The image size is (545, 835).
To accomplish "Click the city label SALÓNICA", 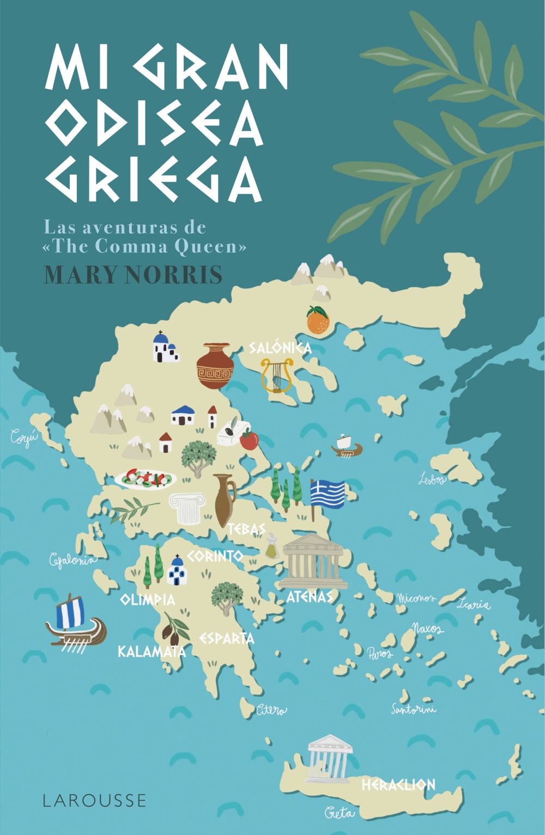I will [280, 348].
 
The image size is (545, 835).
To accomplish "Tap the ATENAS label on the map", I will [309, 596].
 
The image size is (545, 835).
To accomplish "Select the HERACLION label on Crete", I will [398, 784].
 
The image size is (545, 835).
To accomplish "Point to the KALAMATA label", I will [152, 651].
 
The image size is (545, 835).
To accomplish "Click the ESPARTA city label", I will [227, 638].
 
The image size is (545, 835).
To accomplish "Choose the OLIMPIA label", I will [148, 600].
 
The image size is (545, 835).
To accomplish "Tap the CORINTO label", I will [215, 556].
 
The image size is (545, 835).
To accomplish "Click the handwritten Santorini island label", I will [414, 709].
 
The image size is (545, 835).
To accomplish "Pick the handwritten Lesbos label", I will [432, 479].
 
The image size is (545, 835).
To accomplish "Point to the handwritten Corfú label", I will [25, 437].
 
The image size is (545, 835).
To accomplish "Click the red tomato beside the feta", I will [249, 440].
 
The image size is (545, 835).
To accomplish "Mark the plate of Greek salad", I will [146, 479].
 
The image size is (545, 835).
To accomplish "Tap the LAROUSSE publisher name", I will [95, 800].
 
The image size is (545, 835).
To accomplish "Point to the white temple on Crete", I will [329, 758].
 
